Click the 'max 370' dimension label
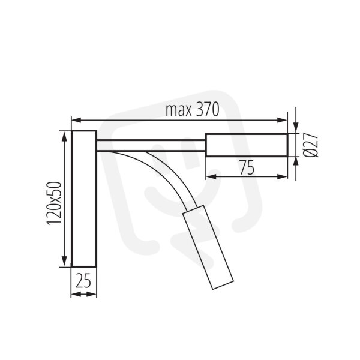coord(193,110)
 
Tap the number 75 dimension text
coord(247,167)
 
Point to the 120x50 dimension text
coord(54,203)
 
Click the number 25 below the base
coord(83,281)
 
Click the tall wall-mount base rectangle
coord(84,199)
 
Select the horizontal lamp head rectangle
coord(247,145)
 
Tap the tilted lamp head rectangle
coord(208,247)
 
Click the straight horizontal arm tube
coord(151,145)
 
